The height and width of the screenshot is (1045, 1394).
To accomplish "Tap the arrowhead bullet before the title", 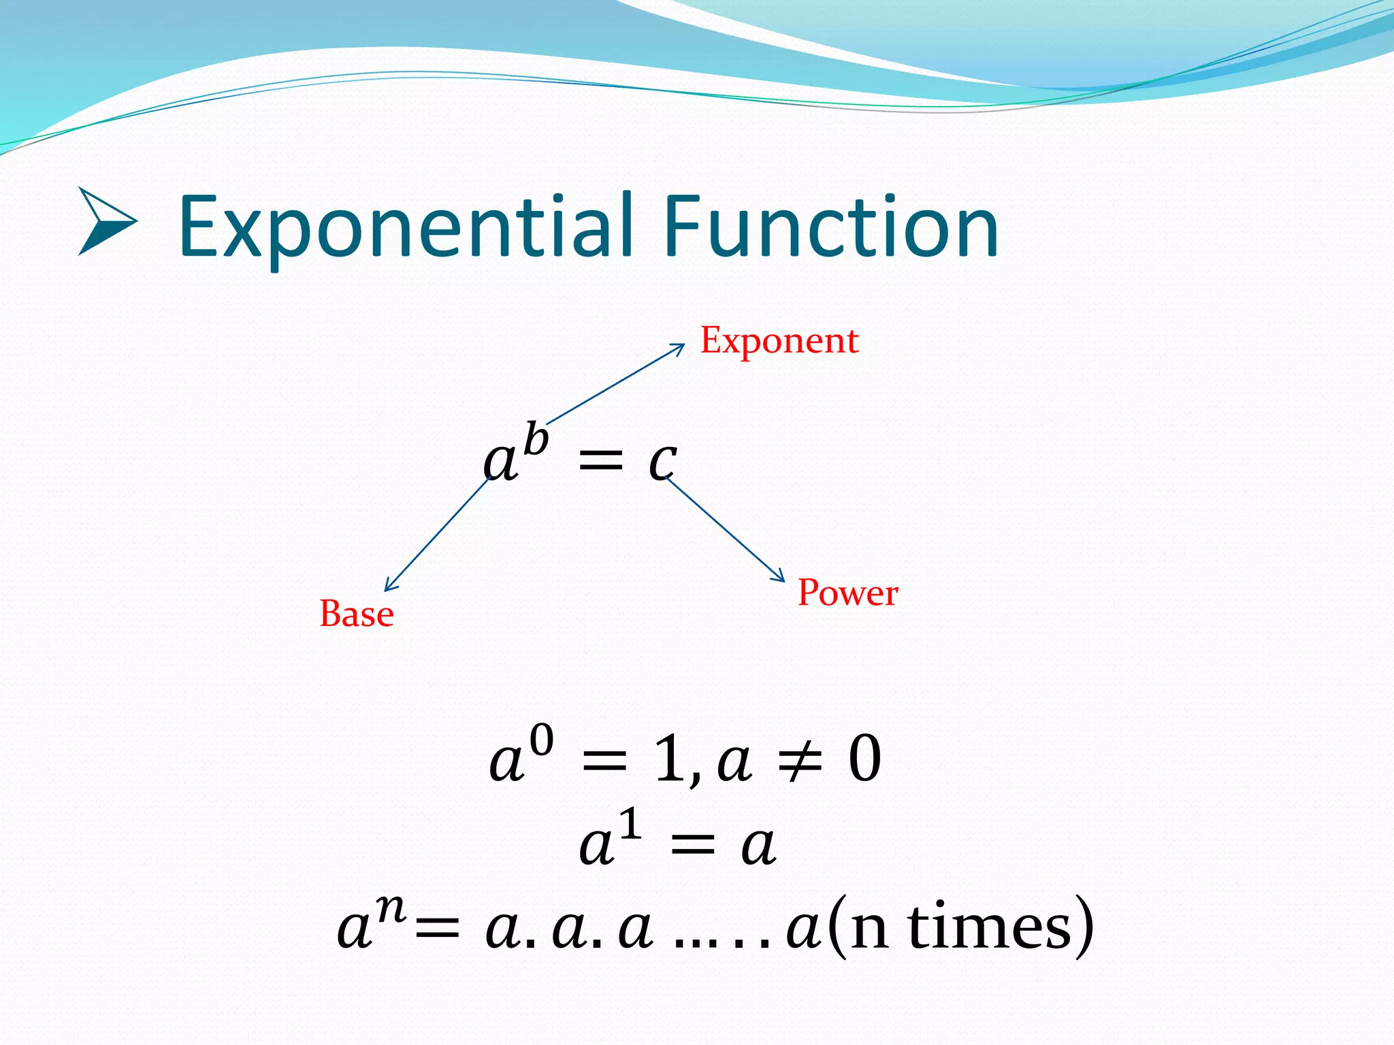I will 107,222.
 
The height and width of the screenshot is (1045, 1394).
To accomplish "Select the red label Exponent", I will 779,341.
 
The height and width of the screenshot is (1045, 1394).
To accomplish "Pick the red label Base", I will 357,614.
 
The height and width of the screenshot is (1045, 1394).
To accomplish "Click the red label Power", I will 847,593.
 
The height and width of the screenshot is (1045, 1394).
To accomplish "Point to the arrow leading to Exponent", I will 616,384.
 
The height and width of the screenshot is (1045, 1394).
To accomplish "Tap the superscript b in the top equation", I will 536,439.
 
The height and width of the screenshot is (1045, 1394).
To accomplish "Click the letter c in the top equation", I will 662,462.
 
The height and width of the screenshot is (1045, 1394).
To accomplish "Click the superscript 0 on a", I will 542,741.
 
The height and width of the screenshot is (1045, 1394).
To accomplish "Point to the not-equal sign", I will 800,761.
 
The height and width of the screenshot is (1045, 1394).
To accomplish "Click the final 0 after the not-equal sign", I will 864,759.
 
